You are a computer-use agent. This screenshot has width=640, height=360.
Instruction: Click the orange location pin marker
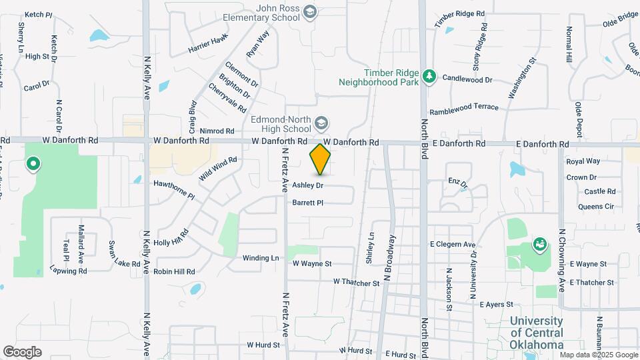pos(321,159)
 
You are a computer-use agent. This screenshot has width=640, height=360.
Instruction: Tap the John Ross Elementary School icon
pos(310,11)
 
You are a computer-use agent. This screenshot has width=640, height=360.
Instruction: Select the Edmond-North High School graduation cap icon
pos(321,123)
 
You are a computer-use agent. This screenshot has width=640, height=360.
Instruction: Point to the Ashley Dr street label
pos(308,185)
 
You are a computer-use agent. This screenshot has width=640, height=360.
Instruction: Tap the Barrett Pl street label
pos(307,203)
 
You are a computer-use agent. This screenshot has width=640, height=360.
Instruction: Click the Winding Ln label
pos(261,258)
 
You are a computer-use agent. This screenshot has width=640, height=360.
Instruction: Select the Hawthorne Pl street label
pos(173,190)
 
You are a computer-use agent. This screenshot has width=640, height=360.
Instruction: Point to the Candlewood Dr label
pos(467,79)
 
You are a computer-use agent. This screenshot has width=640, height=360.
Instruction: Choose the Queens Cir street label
pos(595,207)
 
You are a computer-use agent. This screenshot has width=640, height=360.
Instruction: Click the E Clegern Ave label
pos(453,245)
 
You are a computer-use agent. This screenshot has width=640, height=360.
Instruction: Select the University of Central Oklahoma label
pos(537,332)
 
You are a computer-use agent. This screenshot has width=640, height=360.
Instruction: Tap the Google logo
pos(22,351)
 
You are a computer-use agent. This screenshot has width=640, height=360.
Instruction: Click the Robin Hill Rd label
pos(174,272)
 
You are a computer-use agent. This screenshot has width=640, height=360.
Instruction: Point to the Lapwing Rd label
pos(68,271)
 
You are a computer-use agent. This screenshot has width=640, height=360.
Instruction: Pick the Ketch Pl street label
pos(38,15)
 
